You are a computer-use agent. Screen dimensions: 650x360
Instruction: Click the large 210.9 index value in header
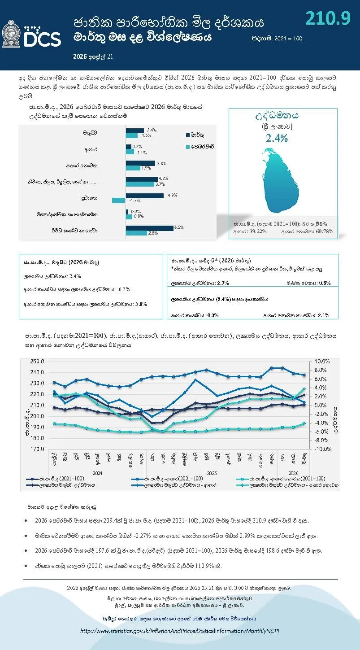[x=328, y=17]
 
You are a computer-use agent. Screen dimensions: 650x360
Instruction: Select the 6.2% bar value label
[x=179, y=227]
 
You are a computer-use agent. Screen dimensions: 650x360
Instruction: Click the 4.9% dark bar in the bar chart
[x=145, y=196]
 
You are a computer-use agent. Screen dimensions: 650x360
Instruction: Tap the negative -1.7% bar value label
[x=134, y=201]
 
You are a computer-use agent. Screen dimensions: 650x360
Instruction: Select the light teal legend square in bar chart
[x=187, y=147]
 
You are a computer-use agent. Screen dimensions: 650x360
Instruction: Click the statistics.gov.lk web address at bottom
[x=180, y=631]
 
